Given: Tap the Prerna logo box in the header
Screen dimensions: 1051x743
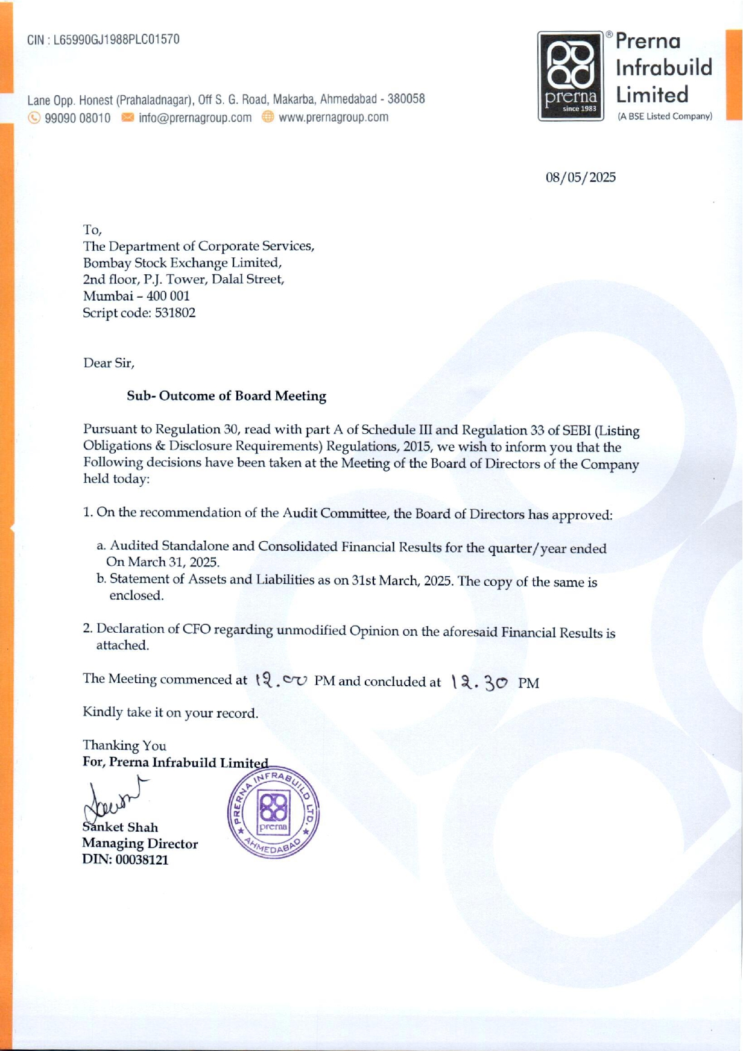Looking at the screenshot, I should pos(571,76).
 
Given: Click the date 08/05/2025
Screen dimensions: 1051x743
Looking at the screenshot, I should pos(581,177).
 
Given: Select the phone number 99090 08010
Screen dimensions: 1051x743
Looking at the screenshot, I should pos(78,118).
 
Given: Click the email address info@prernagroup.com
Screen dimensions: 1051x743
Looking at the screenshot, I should pos(195,118).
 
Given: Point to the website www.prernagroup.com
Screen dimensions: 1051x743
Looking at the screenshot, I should pos(334,118).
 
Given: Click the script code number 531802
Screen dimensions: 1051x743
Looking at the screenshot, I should pos(175,313).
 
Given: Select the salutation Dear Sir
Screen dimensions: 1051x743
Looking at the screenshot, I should pos(109,363).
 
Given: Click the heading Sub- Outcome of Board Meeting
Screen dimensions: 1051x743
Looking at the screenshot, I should pos(226,396).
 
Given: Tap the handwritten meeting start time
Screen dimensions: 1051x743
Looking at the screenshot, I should pos(282,680).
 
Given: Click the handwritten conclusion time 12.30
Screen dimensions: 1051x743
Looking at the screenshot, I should pos(480,682).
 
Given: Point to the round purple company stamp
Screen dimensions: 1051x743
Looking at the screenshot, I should pos(273,814).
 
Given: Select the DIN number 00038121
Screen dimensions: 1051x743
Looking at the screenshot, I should pos(142,860).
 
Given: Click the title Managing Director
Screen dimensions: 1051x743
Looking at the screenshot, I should pos(140,844).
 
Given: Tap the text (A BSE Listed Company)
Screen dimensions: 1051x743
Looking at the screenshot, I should pos(665,116).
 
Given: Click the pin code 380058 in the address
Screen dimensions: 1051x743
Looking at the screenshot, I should pos(406,99).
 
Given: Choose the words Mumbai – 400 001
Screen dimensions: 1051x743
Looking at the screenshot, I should pos(136,296).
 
